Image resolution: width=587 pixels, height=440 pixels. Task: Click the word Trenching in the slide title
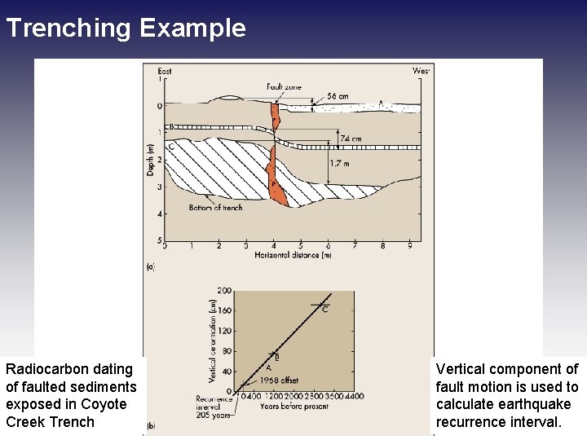point(68,29)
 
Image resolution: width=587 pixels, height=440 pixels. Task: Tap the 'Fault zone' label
point(283,87)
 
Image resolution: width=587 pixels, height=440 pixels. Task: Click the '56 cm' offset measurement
point(337,96)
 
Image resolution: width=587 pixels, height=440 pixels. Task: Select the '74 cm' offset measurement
point(351,139)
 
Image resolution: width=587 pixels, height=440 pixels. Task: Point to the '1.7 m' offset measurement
point(341,163)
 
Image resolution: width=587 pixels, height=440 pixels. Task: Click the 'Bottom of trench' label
point(215,208)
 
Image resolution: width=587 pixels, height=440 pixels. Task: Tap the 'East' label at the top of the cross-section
point(164,72)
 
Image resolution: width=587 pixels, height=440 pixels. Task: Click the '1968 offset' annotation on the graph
point(280,381)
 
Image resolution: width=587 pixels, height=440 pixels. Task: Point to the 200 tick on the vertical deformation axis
point(224,290)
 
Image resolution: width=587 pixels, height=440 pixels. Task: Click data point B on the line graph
point(274,354)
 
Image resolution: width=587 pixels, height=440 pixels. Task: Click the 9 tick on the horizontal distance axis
point(409,245)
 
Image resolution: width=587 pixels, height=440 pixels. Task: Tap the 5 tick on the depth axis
point(159,240)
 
